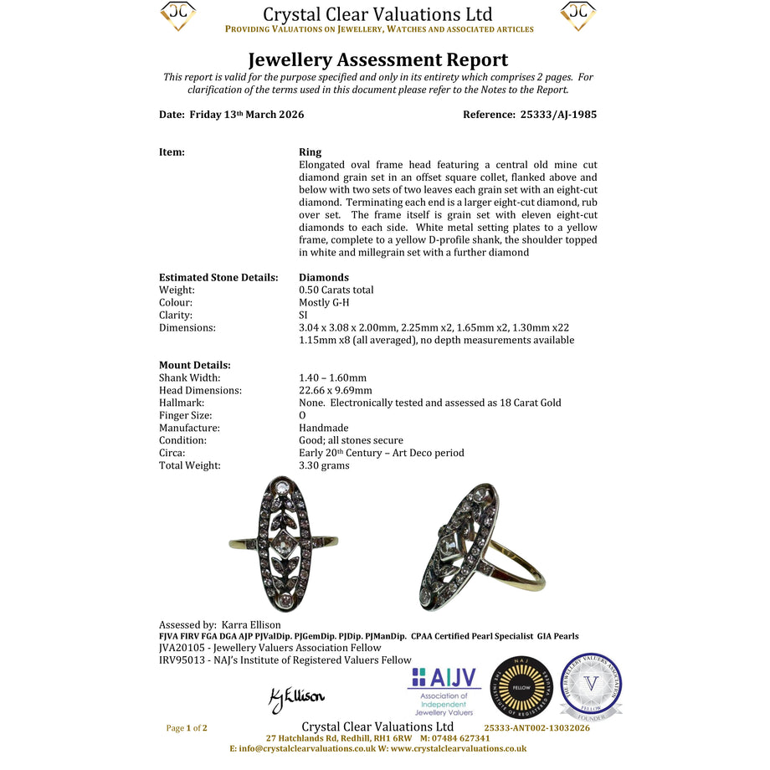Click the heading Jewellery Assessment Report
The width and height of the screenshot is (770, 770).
coord(378,59)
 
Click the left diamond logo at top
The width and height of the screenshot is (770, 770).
coord(177,16)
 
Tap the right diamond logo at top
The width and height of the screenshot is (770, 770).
coord(578,16)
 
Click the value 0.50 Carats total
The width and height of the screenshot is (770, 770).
coord(336,290)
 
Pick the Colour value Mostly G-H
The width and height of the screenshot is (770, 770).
coord(326,302)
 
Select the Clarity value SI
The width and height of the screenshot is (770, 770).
coord(303,315)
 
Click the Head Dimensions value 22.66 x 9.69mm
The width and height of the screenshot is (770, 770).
coord(336,390)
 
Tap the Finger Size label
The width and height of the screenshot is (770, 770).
coord(185,415)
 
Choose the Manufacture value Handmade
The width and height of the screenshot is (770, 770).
coord(324,428)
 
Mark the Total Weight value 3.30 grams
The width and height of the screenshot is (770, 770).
coord(324,465)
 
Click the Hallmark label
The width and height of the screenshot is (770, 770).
coord(182,403)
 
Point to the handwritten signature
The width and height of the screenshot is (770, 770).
coord(296,698)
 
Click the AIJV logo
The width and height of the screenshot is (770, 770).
coord(442,691)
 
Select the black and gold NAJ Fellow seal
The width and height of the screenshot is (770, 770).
coord(522,686)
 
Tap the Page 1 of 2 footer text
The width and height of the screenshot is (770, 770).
coord(187,728)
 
